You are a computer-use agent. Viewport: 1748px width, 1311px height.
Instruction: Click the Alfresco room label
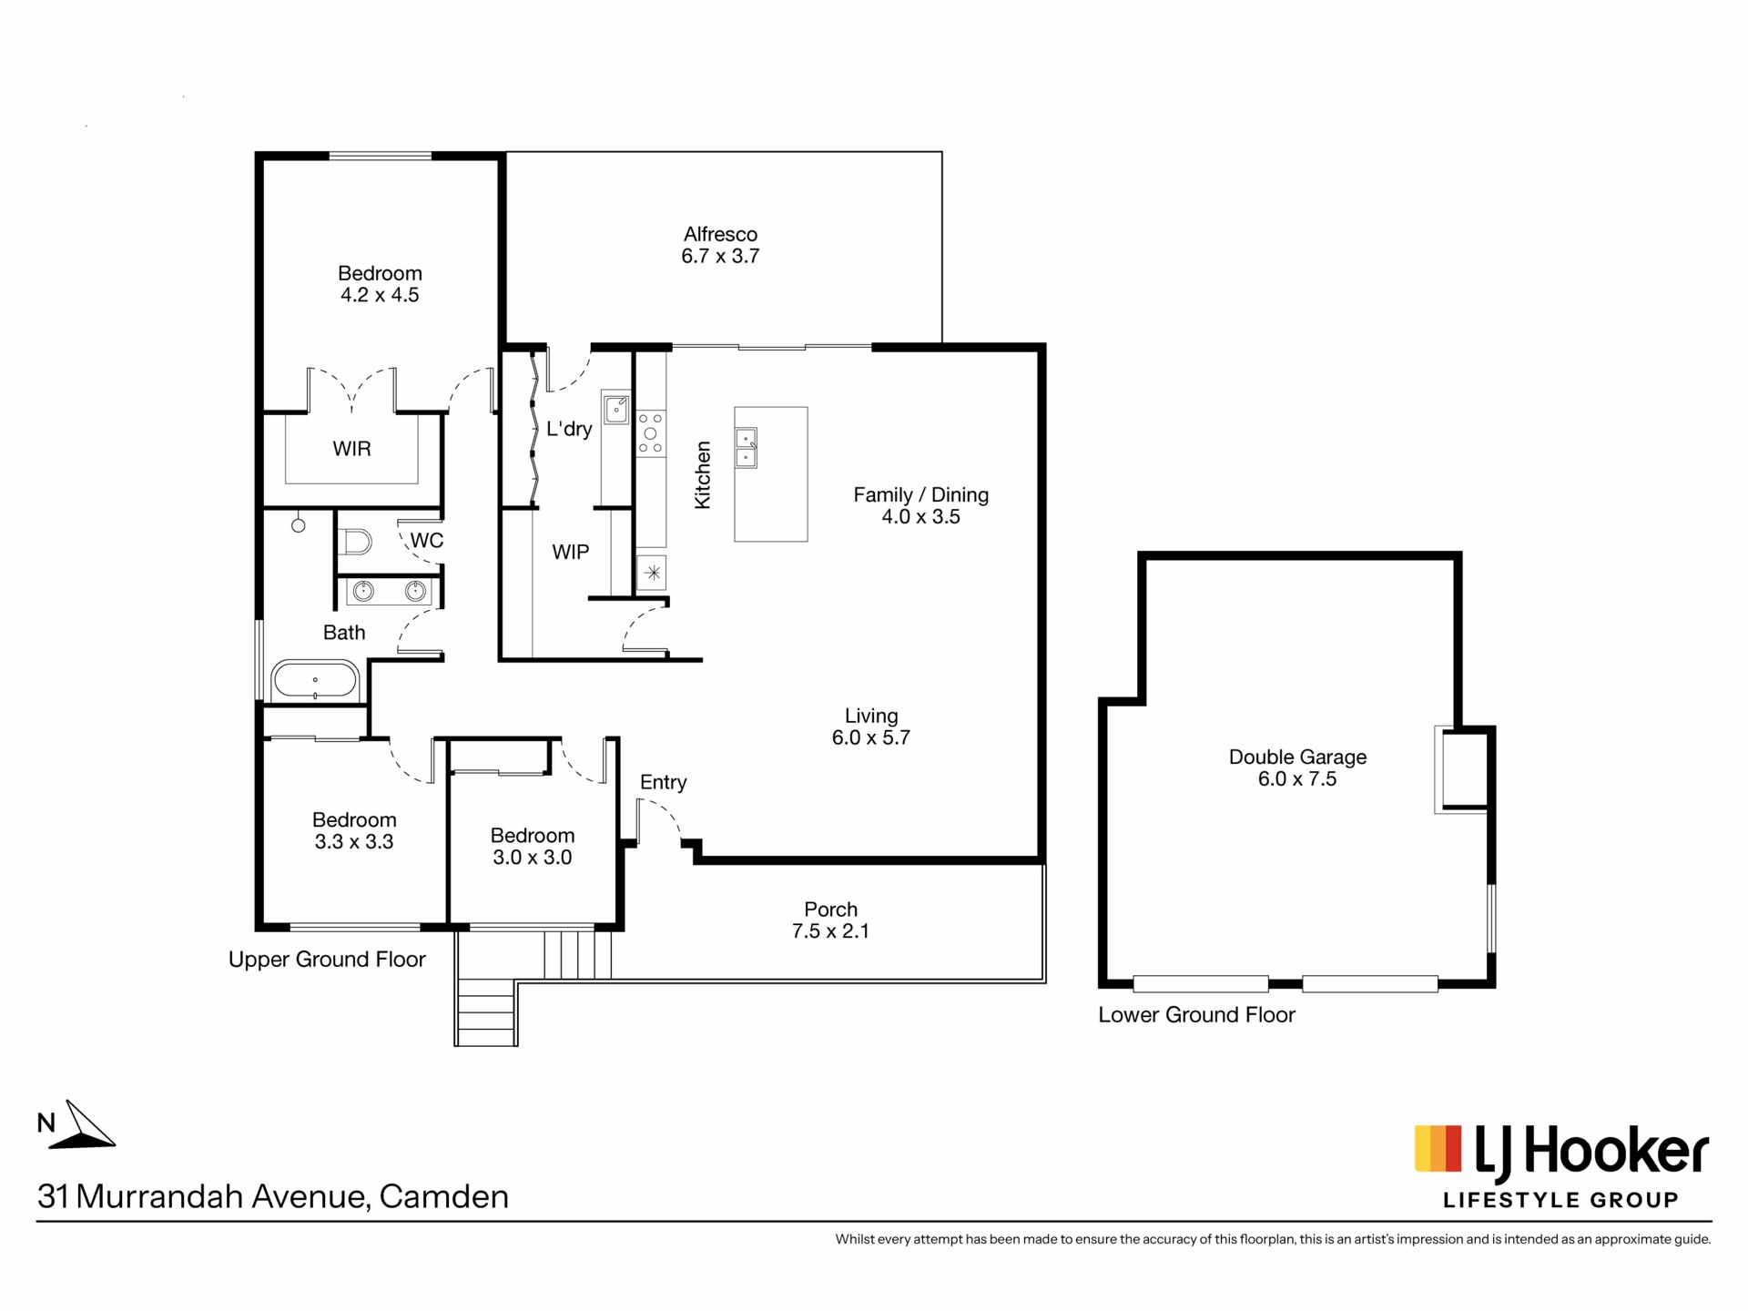pyautogui.click(x=720, y=234)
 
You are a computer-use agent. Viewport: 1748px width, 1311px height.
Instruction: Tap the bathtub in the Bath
pyautogui.click(x=315, y=680)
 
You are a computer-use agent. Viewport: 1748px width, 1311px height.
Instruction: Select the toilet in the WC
pyautogui.click(x=354, y=543)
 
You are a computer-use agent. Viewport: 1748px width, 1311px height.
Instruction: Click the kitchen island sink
pyautogui.click(x=746, y=448)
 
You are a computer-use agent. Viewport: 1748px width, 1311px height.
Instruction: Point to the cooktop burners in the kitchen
pyautogui.click(x=651, y=433)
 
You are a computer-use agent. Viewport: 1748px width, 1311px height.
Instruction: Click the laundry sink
pyautogui.click(x=616, y=408)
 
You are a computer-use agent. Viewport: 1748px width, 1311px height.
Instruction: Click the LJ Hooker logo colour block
pyautogui.click(x=1438, y=1148)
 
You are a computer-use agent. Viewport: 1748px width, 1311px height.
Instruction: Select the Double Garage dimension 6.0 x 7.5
pyautogui.click(x=1297, y=779)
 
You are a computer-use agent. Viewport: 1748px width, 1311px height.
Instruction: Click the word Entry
pyautogui.click(x=663, y=782)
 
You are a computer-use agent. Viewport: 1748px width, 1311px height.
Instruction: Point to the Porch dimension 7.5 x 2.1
pyautogui.click(x=830, y=931)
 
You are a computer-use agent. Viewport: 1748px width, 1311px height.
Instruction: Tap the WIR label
pyautogui.click(x=351, y=449)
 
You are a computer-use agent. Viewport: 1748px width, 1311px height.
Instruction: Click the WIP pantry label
pyautogui.click(x=571, y=552)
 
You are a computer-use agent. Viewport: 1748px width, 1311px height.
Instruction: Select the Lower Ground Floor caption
pyautogui.click(x=1196, y=1015)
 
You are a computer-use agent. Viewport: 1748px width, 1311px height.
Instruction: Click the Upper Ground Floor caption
pyautogui.click(x=327, y=960)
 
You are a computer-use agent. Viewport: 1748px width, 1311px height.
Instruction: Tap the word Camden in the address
pyautogui.click(x=444, y=1196)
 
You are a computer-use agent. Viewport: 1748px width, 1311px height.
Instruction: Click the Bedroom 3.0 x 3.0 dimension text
pyautogui.click(x=533, y=858)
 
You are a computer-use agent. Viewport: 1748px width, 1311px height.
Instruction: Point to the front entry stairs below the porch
pyautogui.click(x=486, y=1011)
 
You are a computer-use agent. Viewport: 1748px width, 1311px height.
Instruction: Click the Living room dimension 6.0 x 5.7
pyautogui.click(x=871, y=738)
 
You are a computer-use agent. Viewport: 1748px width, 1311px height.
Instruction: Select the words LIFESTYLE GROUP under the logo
pyautogui.click(x=1560, y=1201)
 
